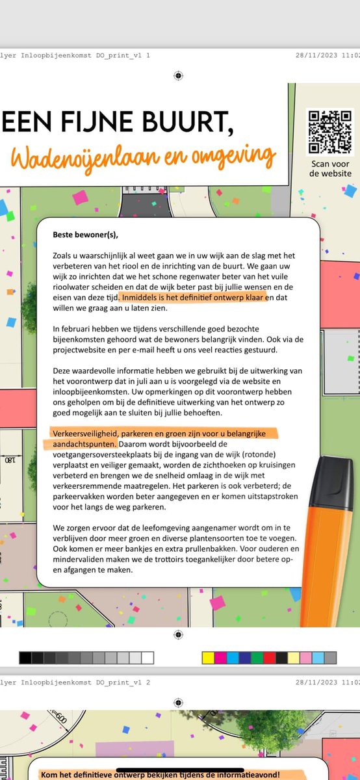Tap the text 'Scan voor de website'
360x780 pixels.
(x=330, y=168)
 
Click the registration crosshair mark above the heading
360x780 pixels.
(x=179, y=76)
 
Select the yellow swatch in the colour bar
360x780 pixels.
(x=208, y=657)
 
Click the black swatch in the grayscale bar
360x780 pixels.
(x=25, y=657)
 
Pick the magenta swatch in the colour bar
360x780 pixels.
(x=220, y=657)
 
